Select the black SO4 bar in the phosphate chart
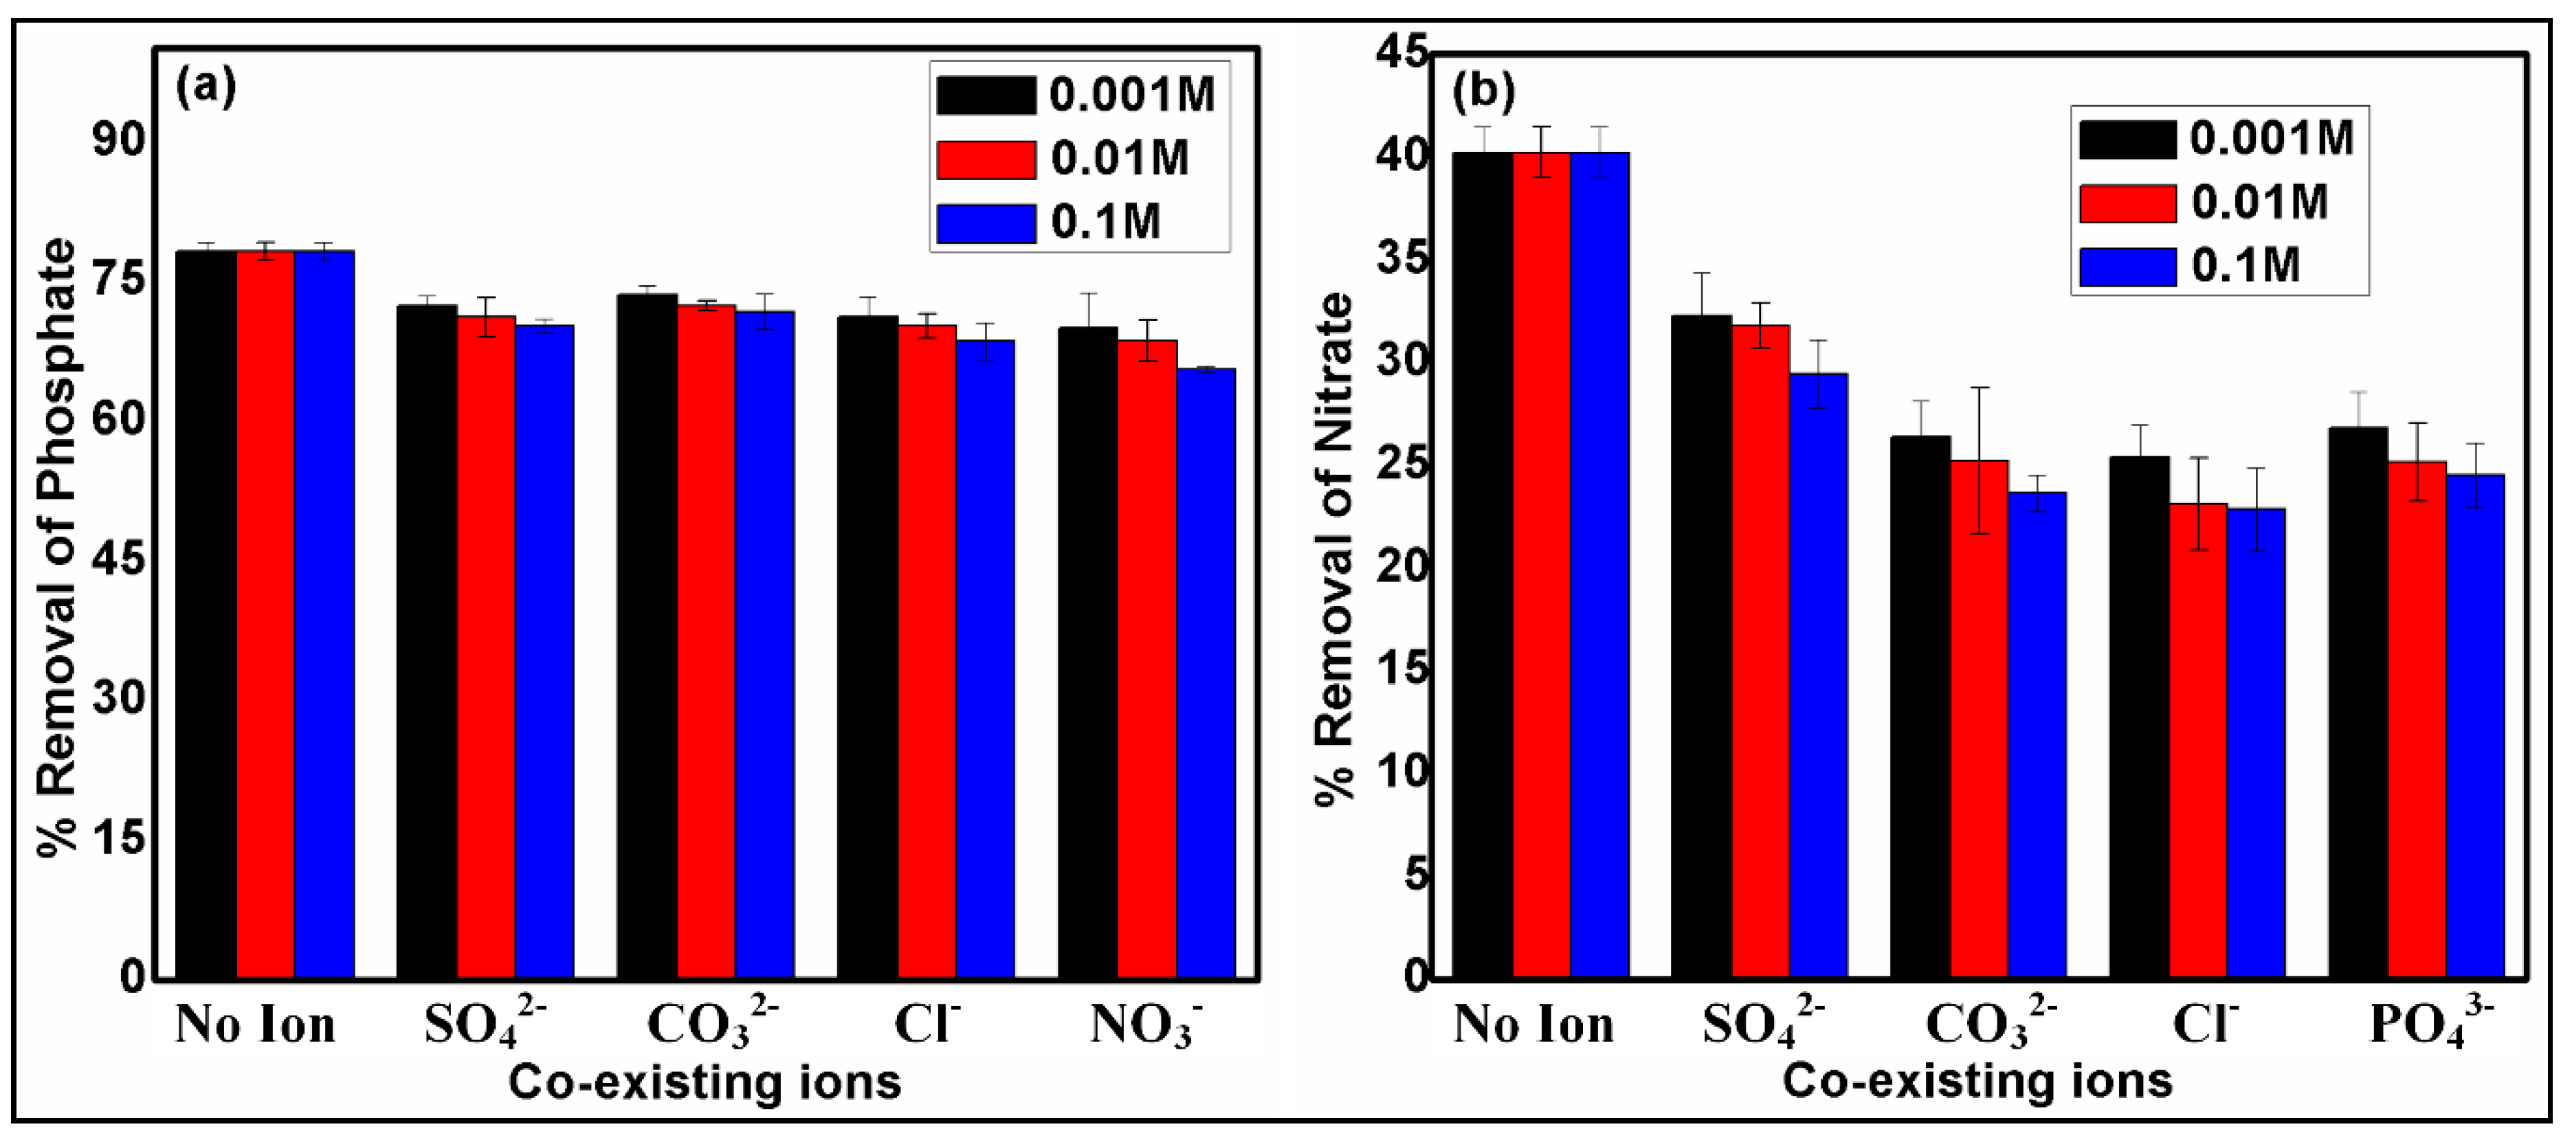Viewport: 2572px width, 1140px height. point(426,640)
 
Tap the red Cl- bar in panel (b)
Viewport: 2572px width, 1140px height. point(2197,739)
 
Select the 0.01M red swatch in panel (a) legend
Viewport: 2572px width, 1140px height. point(986,159)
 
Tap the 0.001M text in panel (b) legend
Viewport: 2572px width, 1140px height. point(2272,137)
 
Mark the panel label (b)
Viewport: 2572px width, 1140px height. point(1483,92)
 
